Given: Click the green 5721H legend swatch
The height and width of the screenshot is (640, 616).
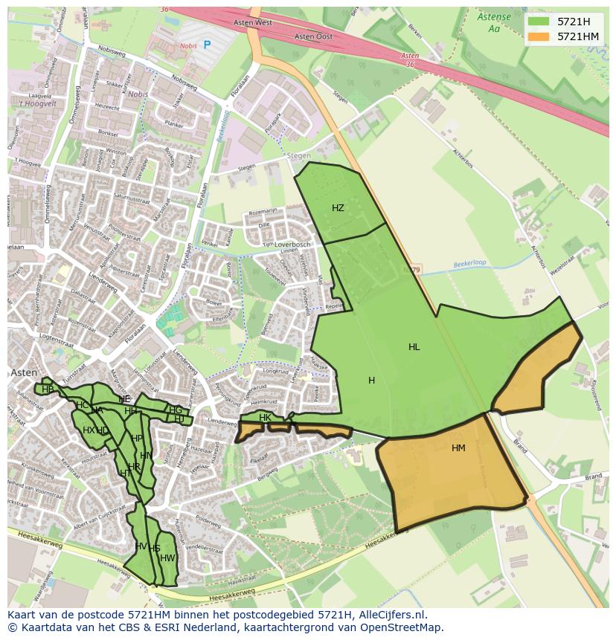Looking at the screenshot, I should click(x=539, y=22).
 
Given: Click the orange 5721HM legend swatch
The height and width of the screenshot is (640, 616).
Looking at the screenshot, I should click(x=539, y=36).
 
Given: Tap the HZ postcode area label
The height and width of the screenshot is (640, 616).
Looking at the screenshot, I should click(x=338, y=208).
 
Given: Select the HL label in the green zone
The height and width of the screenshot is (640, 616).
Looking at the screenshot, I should click(x=414, y=347).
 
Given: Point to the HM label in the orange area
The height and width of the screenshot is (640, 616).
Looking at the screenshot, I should click(x=458, y=447).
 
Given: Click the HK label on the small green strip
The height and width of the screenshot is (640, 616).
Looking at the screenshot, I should click(x=265, y=418).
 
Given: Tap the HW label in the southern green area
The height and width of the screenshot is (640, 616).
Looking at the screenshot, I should click(x=167, y=558).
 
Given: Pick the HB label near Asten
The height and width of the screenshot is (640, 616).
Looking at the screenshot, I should click(x=48, y=389).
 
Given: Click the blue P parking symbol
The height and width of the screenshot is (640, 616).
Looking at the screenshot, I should click(x=207, y=45).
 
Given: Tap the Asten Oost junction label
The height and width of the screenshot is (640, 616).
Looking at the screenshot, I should click(x=313, y=36).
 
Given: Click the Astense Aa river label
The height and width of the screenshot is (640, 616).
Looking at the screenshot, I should click(x=494, y=22).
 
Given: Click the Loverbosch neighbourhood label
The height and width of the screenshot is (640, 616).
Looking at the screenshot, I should click(x=291, y=245).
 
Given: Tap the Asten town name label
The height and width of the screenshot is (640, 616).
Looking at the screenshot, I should click(x=20, y=372).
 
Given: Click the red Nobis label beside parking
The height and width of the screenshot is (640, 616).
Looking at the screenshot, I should click(x=187, y=45).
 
